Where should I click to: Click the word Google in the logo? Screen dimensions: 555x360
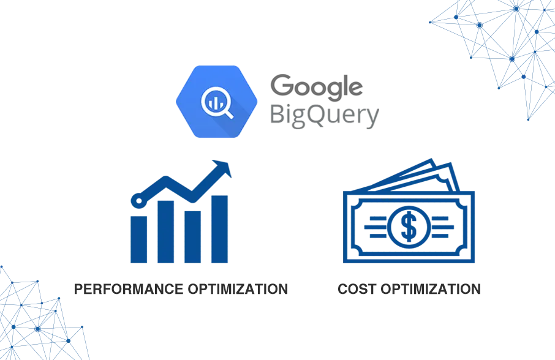point(317,88)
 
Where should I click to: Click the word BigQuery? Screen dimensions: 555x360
point(325,116)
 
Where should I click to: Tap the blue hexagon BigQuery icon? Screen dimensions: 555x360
point(217,102)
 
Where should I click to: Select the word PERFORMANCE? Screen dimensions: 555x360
point(129,289)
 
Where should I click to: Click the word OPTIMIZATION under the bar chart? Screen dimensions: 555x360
point(238,289)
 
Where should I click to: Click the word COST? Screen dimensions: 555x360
point(357,289)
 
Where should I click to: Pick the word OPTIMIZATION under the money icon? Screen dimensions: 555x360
point(431,289)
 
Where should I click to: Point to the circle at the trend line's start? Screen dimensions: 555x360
point(138,201)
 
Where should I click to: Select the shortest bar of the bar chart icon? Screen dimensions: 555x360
point(138,239)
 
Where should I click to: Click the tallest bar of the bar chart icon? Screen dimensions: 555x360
point(219,229)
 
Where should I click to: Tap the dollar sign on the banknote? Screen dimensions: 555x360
point(409,227)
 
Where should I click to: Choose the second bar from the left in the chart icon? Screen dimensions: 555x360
point(165,231)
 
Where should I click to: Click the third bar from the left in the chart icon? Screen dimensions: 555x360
point(192,237)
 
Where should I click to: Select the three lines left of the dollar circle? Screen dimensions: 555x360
point(376,227)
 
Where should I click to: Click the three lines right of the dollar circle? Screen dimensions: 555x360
point(442,227)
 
